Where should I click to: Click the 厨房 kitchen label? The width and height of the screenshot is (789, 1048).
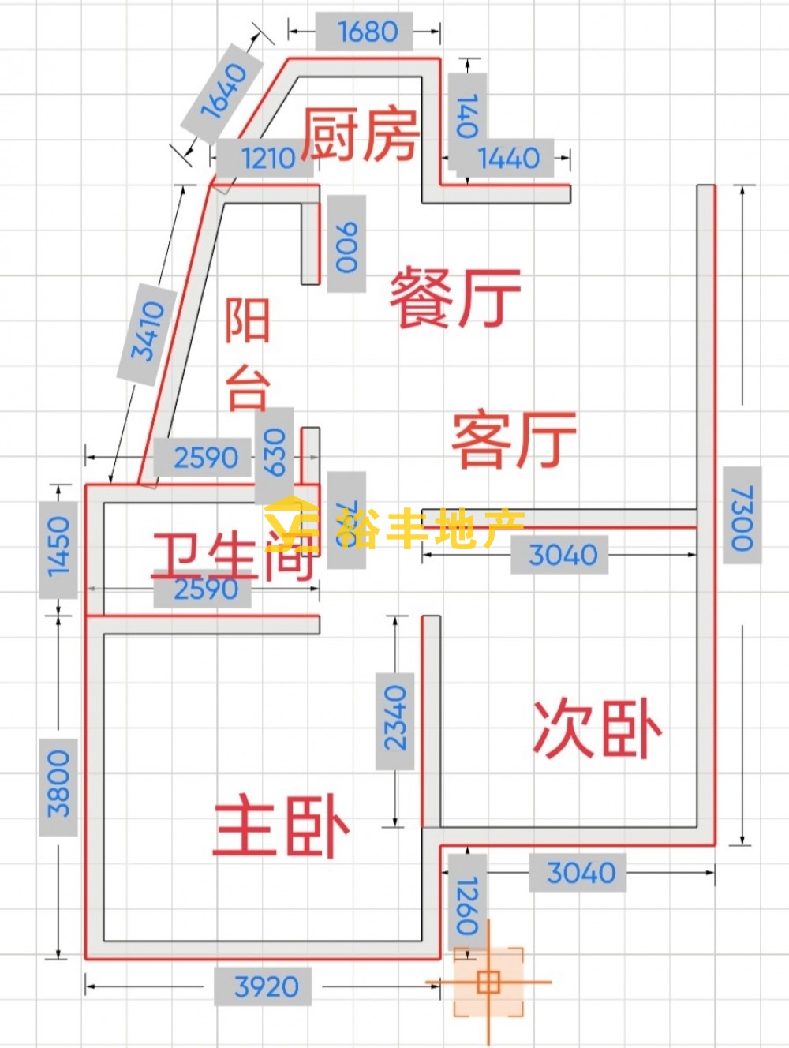[360, 134]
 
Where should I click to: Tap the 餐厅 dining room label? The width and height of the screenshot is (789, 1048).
[455, 298]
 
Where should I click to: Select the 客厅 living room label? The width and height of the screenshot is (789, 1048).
[514, 439]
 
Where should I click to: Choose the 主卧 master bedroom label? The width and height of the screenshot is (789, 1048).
[281, 826]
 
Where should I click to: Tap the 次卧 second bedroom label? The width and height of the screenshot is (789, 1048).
[597, 728]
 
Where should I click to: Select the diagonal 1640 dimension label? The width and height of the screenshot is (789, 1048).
[223, 91]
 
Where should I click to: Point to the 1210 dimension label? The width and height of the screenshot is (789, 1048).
[267, 158]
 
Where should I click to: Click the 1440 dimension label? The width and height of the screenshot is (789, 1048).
[509, 158]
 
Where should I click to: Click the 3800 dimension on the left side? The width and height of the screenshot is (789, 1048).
[59, 786]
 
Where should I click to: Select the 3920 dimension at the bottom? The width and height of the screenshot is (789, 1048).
[267, 986]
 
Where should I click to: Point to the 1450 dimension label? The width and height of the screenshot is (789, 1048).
[59, 546]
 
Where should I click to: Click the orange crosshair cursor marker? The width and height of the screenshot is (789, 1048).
[488, 982]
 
